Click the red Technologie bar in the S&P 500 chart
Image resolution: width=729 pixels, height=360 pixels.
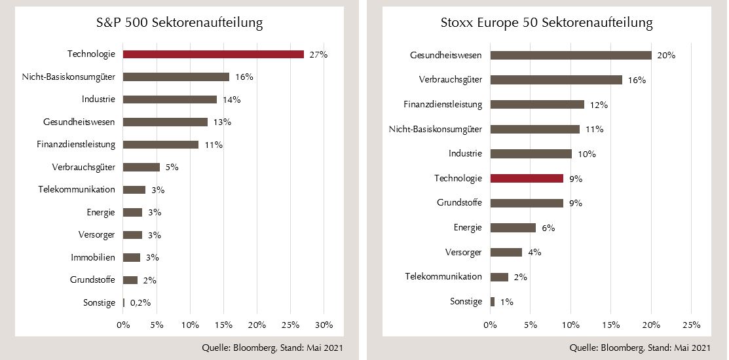(213, 54)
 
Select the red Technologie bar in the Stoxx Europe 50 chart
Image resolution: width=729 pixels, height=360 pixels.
(527, 178)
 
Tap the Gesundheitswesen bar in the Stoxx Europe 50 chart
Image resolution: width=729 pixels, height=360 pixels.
(570, 55)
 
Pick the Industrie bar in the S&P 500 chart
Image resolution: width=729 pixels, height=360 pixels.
(170, 99)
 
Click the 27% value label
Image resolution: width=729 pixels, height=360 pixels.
(318, 54)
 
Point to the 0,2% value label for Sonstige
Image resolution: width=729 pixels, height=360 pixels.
(140, 302)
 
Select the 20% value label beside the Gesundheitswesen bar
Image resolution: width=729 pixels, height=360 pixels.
(666, 55)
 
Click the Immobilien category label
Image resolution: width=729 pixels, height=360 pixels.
(93, 257)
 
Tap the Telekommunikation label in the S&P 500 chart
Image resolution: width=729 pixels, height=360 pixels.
(77, 189)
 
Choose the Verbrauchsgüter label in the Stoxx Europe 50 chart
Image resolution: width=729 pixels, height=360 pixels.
(451, 79)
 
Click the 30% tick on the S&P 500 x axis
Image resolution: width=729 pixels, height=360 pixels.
(324, 325)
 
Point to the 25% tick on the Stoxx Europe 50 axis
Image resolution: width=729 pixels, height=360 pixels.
(692, 325)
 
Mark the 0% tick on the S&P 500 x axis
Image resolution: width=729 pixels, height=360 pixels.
(123, 325)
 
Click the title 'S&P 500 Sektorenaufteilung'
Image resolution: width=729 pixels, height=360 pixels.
(179, 23)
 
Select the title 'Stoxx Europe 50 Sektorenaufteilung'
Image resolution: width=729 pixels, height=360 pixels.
(547, 23)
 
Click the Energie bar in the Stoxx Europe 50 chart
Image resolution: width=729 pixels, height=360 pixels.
(513, 228)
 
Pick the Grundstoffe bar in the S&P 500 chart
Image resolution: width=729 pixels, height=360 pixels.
(130, 280)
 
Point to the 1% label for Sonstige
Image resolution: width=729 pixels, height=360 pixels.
(506, 302)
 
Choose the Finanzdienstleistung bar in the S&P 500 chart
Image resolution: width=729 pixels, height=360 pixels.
(160, 145)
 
